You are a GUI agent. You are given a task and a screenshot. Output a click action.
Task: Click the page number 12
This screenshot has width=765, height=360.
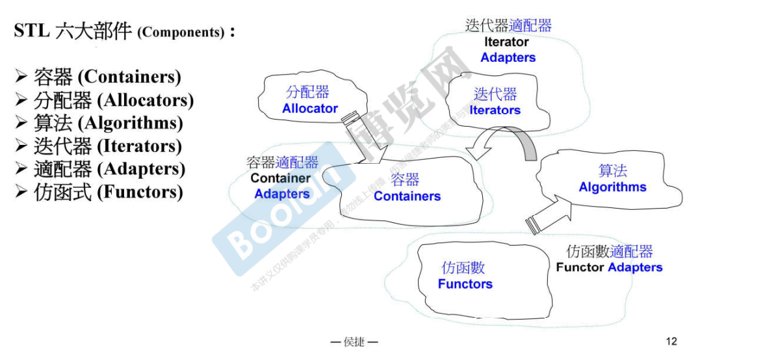671,341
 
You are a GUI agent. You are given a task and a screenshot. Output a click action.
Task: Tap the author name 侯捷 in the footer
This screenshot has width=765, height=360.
354,342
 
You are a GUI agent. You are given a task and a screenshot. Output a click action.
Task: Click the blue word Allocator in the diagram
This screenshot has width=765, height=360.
309,109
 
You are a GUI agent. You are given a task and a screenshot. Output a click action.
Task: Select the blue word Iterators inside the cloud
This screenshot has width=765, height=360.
495,110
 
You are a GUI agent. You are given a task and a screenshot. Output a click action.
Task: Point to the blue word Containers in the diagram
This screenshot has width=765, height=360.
407,196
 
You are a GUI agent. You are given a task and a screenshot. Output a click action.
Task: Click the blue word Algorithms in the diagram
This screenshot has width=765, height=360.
612,187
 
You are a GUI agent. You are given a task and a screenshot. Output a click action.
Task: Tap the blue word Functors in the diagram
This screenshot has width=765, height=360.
465,284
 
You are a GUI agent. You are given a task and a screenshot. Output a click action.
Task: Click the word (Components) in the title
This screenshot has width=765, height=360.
181,32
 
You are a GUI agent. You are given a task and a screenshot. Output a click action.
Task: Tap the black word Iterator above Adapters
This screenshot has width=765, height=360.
506,42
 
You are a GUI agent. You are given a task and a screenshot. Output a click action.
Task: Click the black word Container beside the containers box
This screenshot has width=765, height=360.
281,178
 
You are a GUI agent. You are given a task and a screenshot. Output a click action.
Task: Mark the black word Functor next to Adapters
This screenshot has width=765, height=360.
580,268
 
